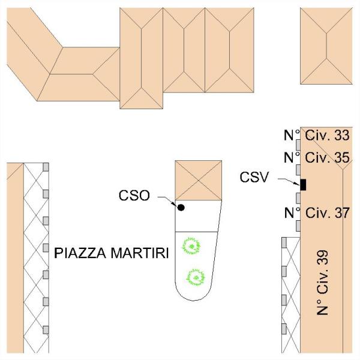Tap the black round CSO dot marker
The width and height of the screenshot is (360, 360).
(x=181, y=208)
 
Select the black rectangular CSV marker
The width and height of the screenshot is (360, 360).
(x=303, y=184)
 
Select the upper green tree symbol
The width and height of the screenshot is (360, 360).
(x=191, y=245)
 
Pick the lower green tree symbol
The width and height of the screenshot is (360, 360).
(x=194, y=277)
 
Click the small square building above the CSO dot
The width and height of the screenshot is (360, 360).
(x=198, y=180)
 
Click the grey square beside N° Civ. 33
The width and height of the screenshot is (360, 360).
(x=297, y=143)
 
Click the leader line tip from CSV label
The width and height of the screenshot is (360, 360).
(x=296, y=184)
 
